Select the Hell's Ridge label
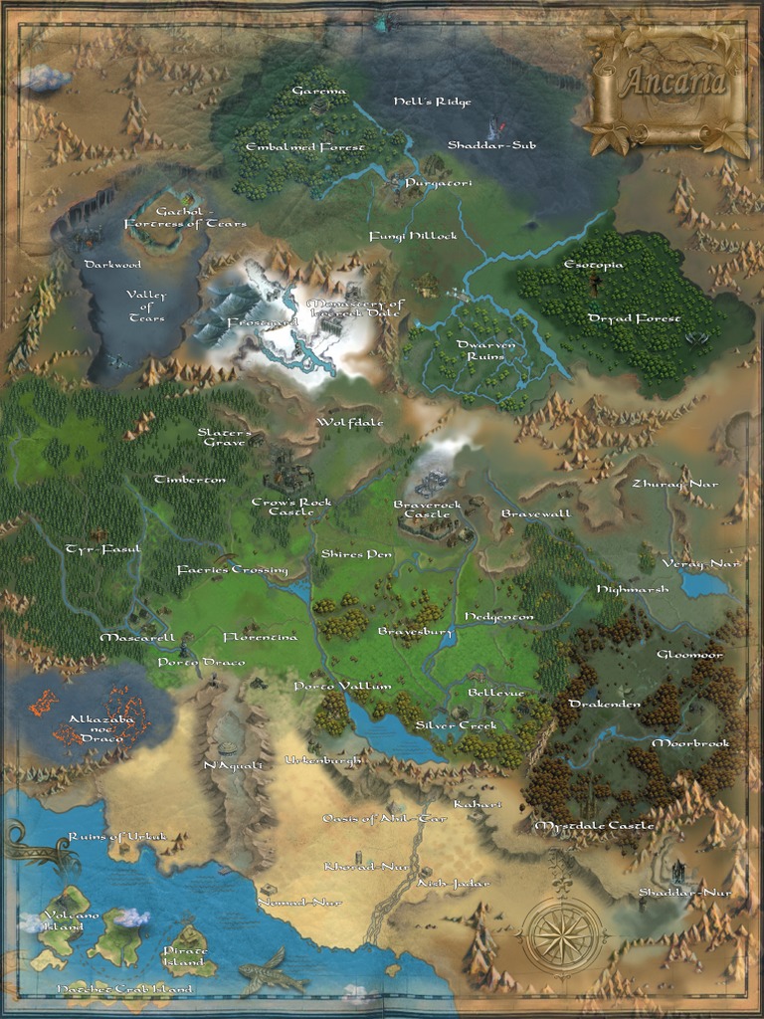click(432, 102)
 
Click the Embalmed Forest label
click(304, 147)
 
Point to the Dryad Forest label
click(634, 318)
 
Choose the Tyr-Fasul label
click(103, 549)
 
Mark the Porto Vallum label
click(335, 687)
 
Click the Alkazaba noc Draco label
click(95, 728)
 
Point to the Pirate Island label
click(185, 956)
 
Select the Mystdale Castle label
click(594, 826)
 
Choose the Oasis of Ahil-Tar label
click(385, 818)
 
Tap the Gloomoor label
click(689, 655)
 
